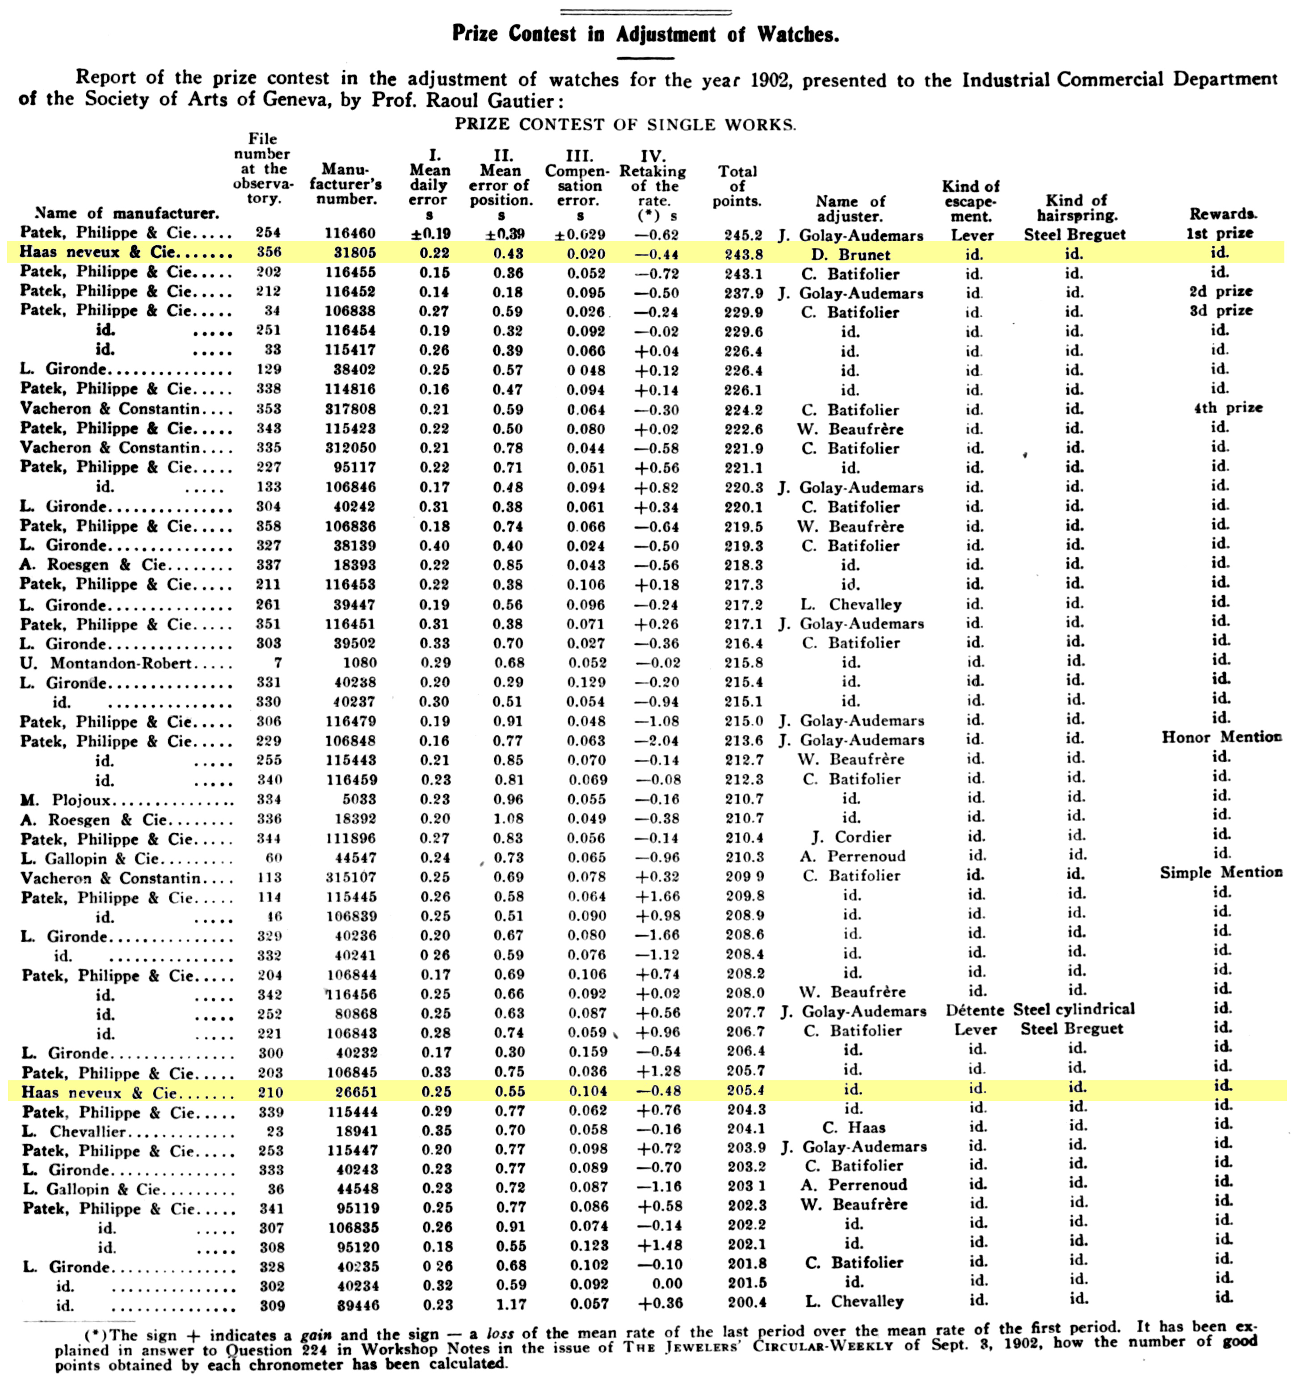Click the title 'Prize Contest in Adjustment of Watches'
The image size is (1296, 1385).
(x=645, y=34)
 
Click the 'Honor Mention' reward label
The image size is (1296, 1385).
(x=1221, y=737)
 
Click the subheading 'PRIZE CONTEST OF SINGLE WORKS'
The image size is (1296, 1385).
(x=625, y=125)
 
